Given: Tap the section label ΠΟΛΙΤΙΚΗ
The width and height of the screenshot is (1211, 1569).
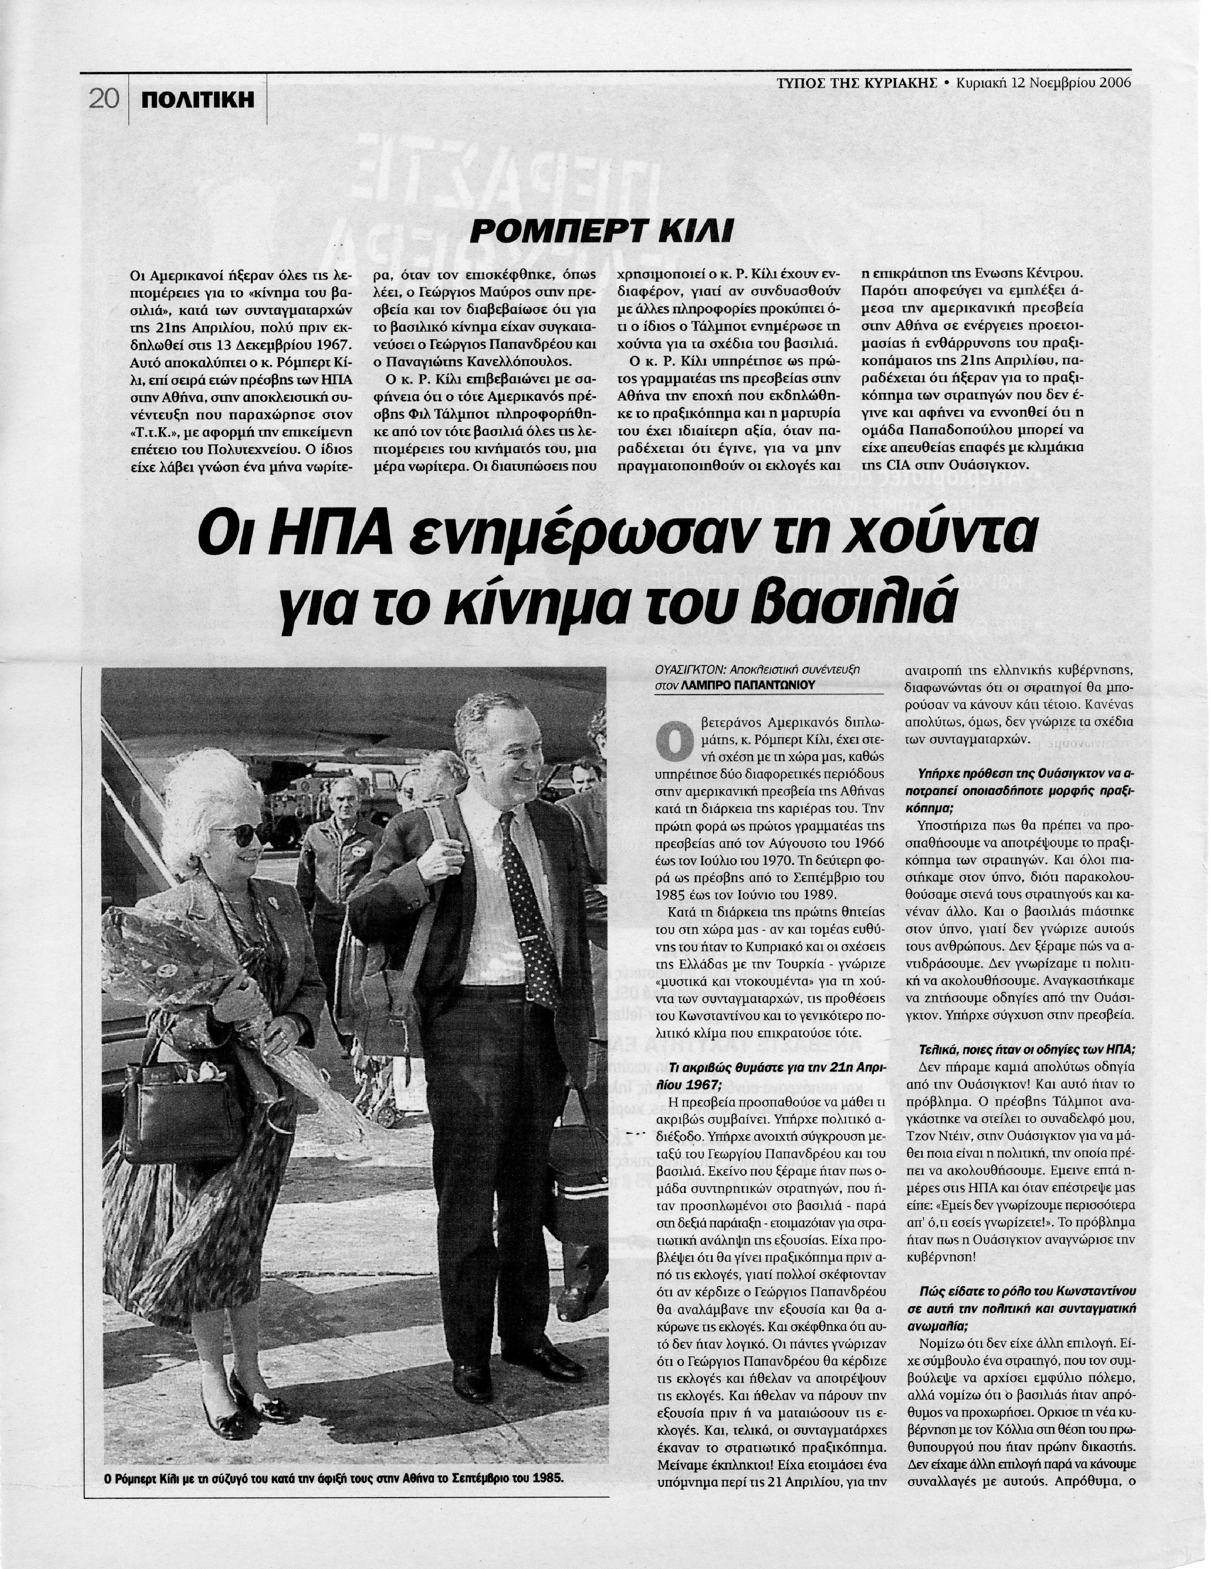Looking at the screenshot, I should click(x=197, y=100).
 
